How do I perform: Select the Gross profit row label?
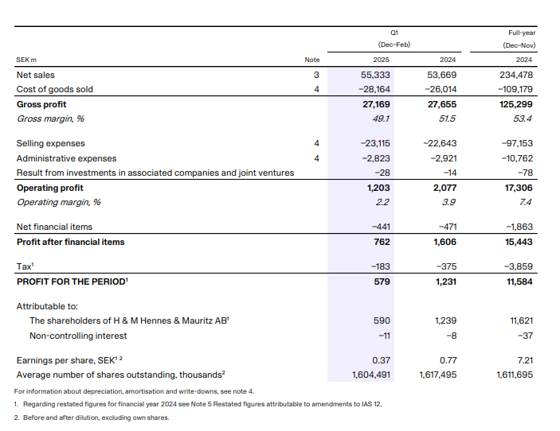41,104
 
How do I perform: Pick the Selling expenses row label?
50,143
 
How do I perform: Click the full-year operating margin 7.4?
525,202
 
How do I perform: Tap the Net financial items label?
54,227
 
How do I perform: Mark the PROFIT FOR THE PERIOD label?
72,281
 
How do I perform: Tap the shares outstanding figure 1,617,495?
437,375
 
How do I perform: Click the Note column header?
311,60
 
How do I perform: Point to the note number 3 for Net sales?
316,75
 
